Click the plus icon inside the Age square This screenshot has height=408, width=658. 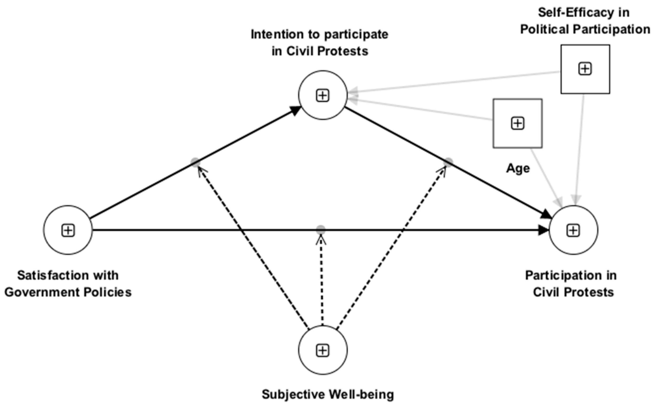click(x=517, y=123)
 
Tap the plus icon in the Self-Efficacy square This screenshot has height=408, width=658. click(x=585, y=69)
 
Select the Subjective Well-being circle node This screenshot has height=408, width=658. click(x=323, y=350)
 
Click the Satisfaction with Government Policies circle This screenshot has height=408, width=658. click(x=68, y=230)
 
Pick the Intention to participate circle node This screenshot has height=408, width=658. click(x=323, y=95)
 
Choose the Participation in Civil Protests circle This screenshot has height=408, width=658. click(x=573, y=230)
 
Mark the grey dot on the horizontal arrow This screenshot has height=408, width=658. click(x=321, y=230)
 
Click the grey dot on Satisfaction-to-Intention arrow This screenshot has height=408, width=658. click(x=195, y=162)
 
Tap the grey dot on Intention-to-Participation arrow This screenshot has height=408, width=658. click(x=448, y=162)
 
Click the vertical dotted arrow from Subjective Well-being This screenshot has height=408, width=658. click(x=322, y=281)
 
